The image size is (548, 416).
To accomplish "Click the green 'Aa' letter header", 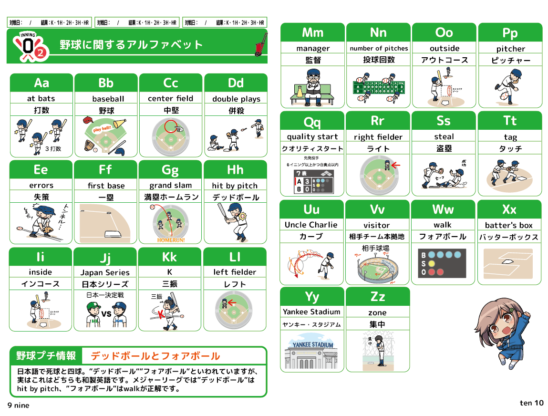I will (41, 83).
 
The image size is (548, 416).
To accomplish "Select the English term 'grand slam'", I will (170, 185).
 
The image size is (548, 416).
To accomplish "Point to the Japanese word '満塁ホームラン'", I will (170, 197).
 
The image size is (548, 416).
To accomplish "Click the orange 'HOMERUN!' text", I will (170, 240).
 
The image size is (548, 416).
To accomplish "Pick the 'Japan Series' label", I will (105, 272).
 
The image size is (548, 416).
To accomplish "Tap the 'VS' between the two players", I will (106, 314).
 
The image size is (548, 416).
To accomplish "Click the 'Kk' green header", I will (169, 258).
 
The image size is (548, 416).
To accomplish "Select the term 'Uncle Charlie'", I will (311, 225).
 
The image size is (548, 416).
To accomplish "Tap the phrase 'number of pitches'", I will (379, 48).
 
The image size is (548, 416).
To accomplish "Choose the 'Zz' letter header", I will (377, 297).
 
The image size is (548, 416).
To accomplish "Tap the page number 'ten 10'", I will (531, 403).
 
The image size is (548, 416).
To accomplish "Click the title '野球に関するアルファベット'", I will (131, 45).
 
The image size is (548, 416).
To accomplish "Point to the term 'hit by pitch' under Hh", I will (235, 186).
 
